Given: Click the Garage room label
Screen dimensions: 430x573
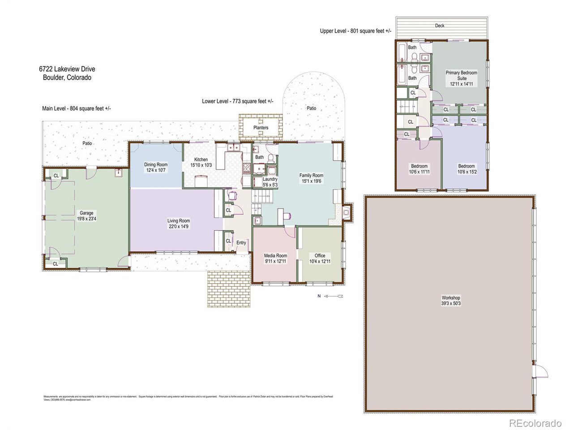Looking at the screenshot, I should coord(86,213).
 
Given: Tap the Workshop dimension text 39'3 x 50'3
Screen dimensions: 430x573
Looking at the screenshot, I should coord(450,304).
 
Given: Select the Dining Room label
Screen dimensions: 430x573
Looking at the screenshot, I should coord(156,165).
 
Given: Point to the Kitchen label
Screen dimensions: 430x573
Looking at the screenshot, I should coord(201,159).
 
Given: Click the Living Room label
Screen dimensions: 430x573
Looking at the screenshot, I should coord(179,220).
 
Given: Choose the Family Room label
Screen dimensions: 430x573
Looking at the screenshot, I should coord(312,176).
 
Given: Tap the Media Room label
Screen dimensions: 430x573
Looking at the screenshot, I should coord(275,256).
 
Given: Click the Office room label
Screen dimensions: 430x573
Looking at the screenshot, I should coord(320,256).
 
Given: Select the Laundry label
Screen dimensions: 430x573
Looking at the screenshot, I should coord(270,179).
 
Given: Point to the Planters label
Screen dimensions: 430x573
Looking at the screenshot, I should coord(261,128).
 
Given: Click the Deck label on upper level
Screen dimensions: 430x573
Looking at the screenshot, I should coord(440,26).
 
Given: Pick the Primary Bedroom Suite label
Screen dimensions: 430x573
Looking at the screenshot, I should coord(461,75).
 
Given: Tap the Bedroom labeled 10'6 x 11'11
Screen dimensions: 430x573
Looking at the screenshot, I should coord(419,166).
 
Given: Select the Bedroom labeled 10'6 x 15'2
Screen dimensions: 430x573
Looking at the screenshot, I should coord(466,166).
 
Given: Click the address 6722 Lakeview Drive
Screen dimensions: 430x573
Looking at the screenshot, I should coord(67,69).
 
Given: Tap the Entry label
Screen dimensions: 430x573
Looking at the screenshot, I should coord(241,243).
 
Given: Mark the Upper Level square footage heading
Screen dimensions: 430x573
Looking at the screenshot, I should coord(355,31).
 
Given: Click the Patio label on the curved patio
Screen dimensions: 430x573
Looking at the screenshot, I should coord(311,108).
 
